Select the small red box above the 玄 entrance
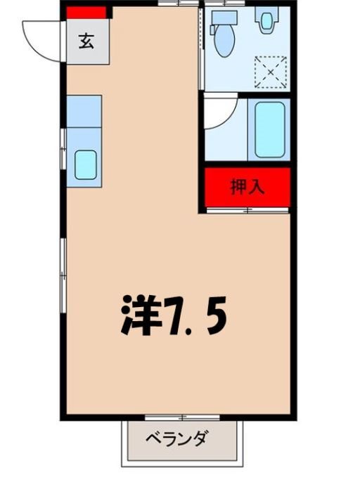pyautogui.click(x=86, y=12)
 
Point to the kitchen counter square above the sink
pyautogui.click(x=84, y=111)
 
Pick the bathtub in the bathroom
pyautogui.click(x=269, y=130)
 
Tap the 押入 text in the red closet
pyautogui.click(x=247, y=187)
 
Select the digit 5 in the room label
pyautogui.click(x=216, y=313)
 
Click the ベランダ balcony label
pyautogui.click(x=177, y=440)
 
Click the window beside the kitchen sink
pyautogui.click(x=63, y=149)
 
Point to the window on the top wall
pyautogui.click(x=178, y=4)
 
